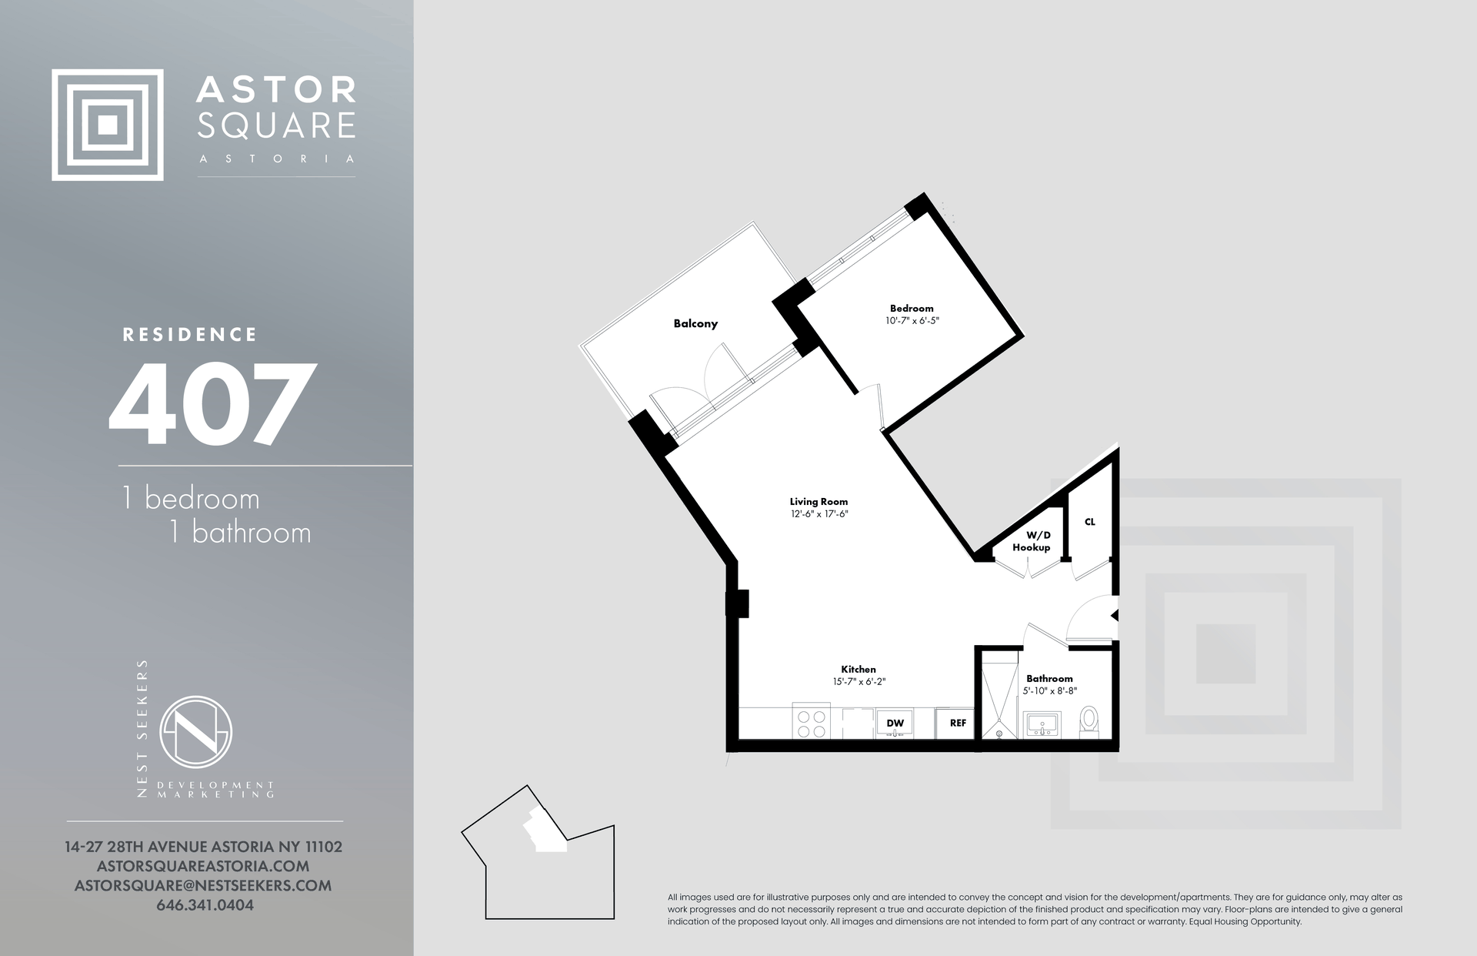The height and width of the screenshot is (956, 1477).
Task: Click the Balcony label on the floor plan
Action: pyautogui.click(x=695, y=323)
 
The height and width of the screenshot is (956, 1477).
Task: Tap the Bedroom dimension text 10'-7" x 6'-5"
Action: pyautogui.click(x=912, y=320)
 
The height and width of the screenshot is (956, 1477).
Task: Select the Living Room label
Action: pyautogui.click(x=819, y=501)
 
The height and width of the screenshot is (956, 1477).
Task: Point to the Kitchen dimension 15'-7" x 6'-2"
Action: pyautogui.click(x=859, y=681)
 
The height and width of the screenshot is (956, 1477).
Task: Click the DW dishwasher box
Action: pyautogui.click(x=895, y=724)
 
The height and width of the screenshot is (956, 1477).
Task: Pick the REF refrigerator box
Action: pyautogui.click(x=957, y=724)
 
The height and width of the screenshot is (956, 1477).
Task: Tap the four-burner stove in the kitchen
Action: pyautogui.click(x=811, y=724)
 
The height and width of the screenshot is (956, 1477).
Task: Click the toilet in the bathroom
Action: pyautogui.click(x=1089, y=722)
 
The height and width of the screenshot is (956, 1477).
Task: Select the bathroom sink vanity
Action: pyautogui.click(x=1042, y=725)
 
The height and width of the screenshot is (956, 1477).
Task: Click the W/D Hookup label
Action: pyautogui.click(x=1031, y=541)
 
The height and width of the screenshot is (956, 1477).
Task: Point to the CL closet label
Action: pyautogui.click(x=1089, y=522)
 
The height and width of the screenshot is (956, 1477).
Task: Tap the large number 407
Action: pyautogui.click(x=212, y=405)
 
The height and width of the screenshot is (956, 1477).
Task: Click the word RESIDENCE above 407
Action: pyautogui.click(x=190, y=335)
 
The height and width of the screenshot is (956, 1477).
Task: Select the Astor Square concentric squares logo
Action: pyautogui.click(x=108, y=125)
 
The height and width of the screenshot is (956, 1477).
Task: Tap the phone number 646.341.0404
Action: pyautogui.click(x=205, y=905)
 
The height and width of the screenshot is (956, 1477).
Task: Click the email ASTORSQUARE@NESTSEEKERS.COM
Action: pyautogui.click(x=203, y=886)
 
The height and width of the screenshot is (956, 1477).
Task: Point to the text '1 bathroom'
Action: pyautogui.click(x=240, y=533)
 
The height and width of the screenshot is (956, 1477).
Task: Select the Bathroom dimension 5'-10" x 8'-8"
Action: pyautogui.click(x=1049, y=691)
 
